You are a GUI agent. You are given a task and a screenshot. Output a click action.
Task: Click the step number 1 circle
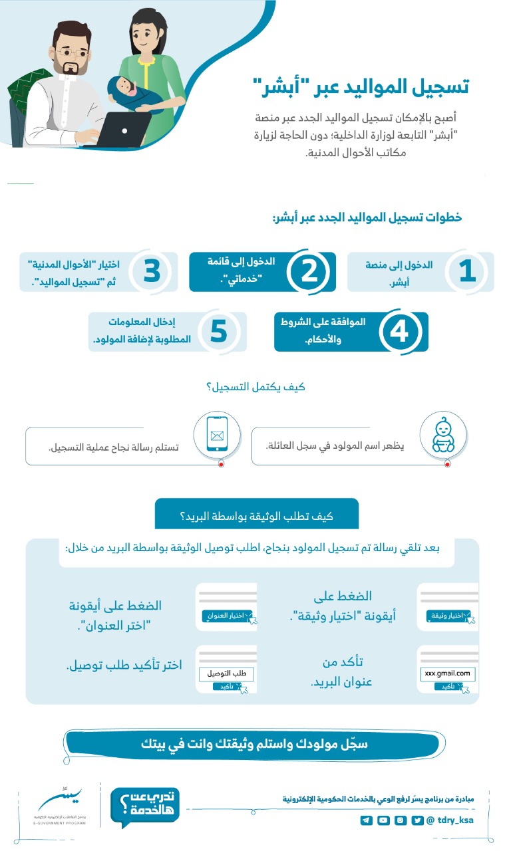[x=468, y=271]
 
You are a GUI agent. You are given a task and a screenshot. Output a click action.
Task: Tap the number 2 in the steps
[x=309, y=271]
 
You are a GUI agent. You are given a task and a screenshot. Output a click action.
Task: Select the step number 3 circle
[x=151, y=271]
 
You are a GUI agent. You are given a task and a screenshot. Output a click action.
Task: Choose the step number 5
[x=219, y=331]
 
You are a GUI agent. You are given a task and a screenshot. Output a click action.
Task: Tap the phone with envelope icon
[x=216, y=435]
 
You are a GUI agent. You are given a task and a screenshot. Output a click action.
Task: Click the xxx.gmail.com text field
[x=447, y=673]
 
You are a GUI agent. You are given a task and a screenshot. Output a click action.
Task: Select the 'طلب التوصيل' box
[x=226, y=673]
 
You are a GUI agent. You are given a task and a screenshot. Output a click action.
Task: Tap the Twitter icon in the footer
[x=417, y=820]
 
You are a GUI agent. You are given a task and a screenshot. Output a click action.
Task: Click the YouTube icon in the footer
[x=383, y=820]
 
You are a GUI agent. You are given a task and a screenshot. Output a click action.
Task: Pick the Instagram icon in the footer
[x=401, y=820]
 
